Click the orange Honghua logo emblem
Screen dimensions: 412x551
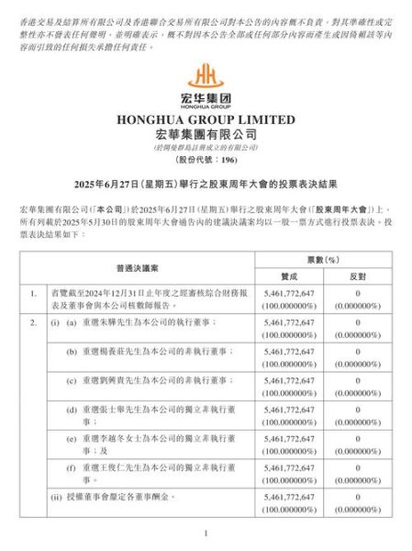coord(206,73)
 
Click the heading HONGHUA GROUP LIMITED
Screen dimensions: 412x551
coord(206,119)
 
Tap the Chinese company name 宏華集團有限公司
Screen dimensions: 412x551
coord(206,133)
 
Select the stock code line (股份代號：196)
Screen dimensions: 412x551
coord(206,160)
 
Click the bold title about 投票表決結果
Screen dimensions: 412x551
coord(206,185)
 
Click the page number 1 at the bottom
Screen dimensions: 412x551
coord(206,533)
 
